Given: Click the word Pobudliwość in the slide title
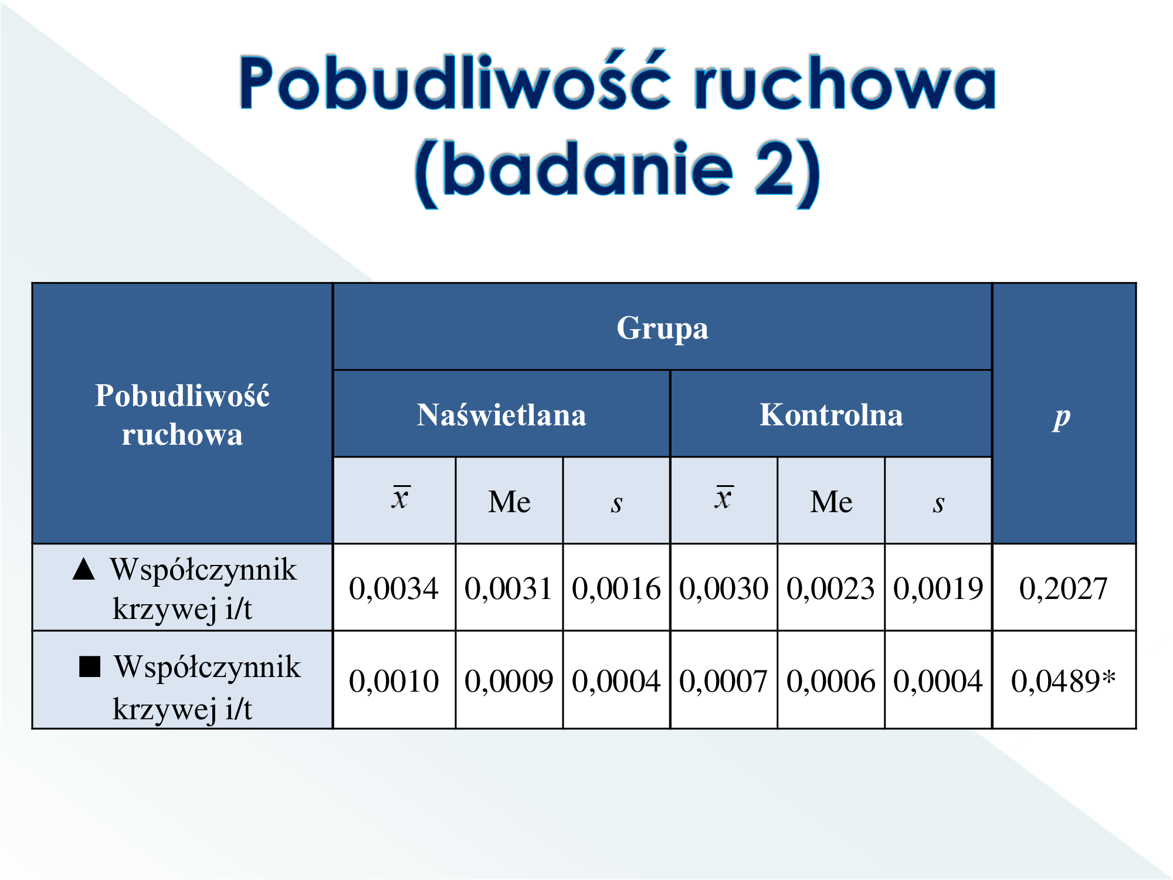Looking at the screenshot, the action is [x=455, y=82].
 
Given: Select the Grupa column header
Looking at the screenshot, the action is [x=662, y=327].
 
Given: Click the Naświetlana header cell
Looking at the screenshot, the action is [x=501, y=414].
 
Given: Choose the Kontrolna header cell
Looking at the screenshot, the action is [x=831, y=414].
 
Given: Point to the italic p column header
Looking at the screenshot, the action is [x=1062, y=418].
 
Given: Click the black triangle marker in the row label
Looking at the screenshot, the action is [x=84, y=568].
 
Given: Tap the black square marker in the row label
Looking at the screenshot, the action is [x=90, y=666].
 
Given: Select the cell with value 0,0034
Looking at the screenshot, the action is [x=394, y=588].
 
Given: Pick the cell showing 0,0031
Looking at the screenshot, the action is [x=508, y=588].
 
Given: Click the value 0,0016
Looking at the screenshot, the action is [x=616, y=588].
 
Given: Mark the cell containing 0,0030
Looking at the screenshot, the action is [x=724, y=588].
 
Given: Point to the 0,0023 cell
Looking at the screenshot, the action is [x=831, y=588].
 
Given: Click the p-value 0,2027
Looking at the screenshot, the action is [x=1063, y=588].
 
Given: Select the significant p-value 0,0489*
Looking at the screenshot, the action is [x=1063, y=681].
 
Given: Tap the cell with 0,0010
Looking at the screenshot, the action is [x=394, y=681].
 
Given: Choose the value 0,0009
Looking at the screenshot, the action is [x=508, y=681].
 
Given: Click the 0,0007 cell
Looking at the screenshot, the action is [x=724, y=681].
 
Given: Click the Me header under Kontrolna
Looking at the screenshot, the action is [x=831, y=502].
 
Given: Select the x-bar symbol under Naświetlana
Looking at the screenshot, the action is [x=401, y=497].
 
